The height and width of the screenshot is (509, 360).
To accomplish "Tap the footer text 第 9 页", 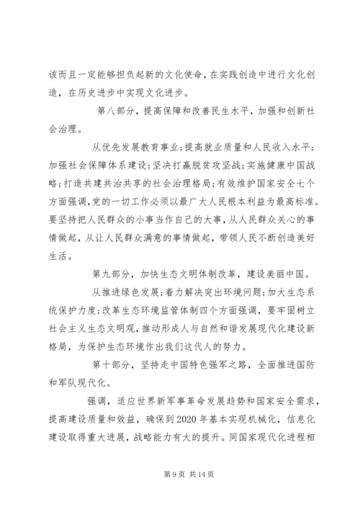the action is [160, 474].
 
